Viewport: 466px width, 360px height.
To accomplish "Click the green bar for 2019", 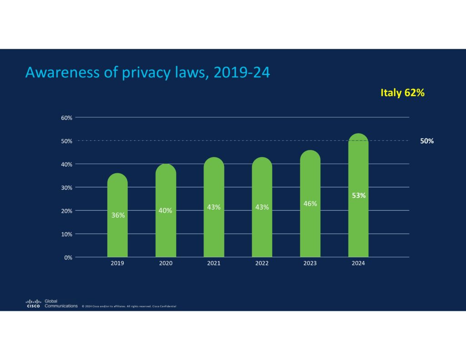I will (x=117, y=228).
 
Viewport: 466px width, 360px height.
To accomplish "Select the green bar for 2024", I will (x=358, y=218).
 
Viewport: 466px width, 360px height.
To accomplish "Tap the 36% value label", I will (x=118, y=215).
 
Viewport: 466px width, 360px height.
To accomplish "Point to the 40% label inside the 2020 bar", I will (x=165, y=210).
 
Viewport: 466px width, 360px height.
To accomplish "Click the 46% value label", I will (x=310, y=203).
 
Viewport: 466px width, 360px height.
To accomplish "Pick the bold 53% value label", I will (x=358, y=196).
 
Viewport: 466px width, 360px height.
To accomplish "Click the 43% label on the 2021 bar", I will (x=213, y=207).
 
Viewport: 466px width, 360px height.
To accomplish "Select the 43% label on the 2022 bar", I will (x=262, y=207).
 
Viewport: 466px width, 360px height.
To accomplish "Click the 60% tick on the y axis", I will (x=66, y=117).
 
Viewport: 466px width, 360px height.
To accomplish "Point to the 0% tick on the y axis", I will (x=68, y=257).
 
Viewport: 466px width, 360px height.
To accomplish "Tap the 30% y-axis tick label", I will (x=66, y=187).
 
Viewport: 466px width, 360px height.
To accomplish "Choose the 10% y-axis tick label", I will (x=66, y=234).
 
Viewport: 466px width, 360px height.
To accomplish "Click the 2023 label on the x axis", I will (x=310, y=264).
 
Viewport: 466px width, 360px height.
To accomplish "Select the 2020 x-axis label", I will (x=166, y=264).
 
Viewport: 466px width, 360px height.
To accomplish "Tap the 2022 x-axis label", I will (x=262, y=264).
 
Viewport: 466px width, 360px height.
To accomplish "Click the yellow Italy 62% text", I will (x=402, y=93).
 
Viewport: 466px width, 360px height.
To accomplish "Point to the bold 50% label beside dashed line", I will (x=426, y=141).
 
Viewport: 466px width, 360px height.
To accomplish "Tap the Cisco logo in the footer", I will (x=33, y=304).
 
